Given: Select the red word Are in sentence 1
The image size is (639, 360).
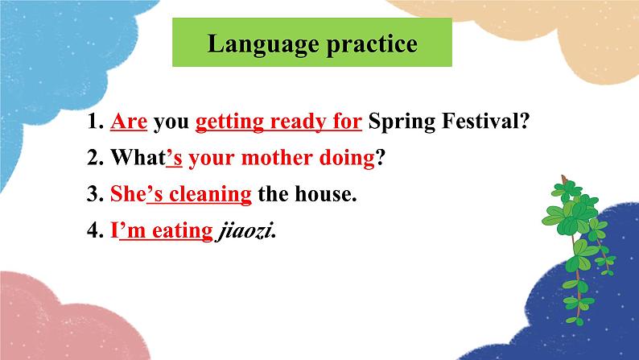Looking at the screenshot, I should [x=127, y=122].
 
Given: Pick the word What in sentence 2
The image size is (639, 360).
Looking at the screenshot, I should [x=138, y=159].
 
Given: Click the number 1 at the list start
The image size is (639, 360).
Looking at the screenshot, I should [x=93, y=122].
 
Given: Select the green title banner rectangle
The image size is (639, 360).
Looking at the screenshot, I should [x=312, y=43].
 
